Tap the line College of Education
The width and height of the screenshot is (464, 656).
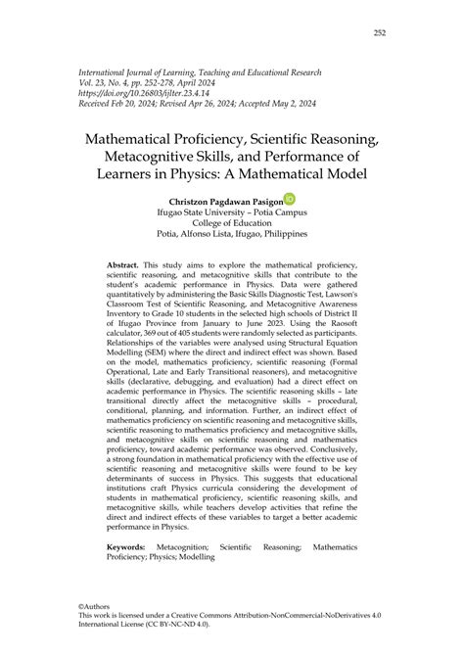point(232,221)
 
